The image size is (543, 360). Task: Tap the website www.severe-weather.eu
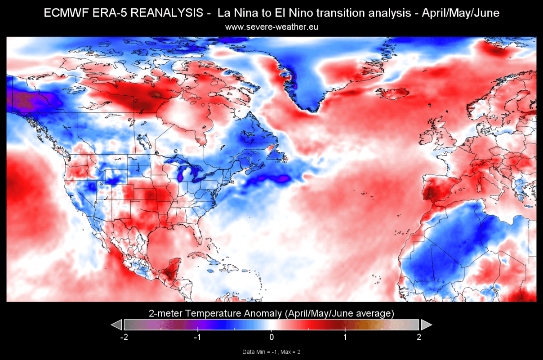tap(271, 27)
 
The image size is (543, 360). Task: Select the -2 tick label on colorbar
tap(125, 337)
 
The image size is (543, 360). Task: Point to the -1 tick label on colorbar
tap(197, 337)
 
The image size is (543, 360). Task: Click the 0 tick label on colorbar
tap(271, 337)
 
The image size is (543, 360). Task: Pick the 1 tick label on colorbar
tap(345, 337)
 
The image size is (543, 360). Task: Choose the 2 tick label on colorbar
tap(419, 337)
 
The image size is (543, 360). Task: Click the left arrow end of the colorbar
tap(116, 324)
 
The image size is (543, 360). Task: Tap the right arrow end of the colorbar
tap(426, 324)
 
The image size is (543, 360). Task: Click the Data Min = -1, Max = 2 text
tap(271, 352)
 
